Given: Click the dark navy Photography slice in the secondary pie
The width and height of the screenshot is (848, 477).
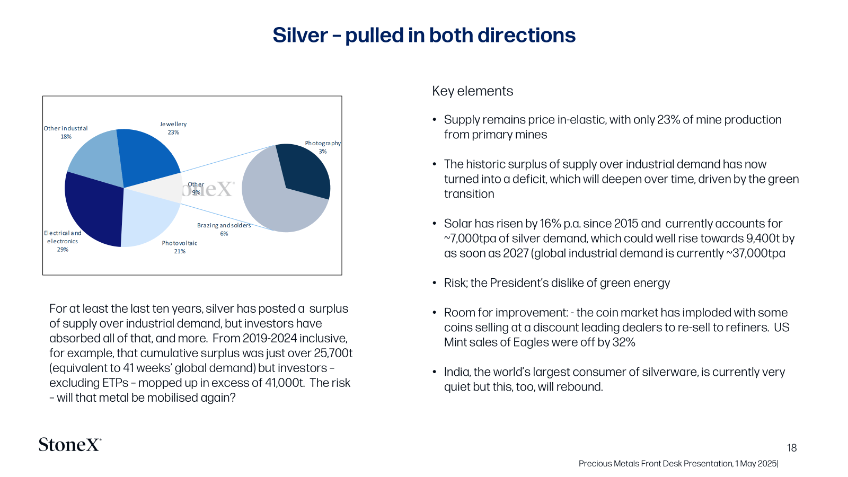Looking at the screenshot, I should (x=305, y=170).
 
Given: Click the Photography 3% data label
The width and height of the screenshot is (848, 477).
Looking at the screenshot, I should (x=323, y=147).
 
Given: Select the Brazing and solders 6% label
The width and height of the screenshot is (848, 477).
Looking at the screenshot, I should (x=224, y=229).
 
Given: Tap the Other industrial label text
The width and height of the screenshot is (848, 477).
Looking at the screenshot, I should (x=66, y=128).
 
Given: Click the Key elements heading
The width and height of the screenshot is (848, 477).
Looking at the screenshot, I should (x=472, y=91).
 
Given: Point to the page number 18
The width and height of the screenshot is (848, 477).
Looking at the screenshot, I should (x=792, y=448).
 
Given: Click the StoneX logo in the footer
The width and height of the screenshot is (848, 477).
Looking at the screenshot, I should (x=69, y=444).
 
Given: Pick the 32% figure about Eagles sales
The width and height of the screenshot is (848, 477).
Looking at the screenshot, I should (x=623, y=342).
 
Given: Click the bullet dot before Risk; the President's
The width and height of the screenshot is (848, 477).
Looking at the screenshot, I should (x=435, y=283).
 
